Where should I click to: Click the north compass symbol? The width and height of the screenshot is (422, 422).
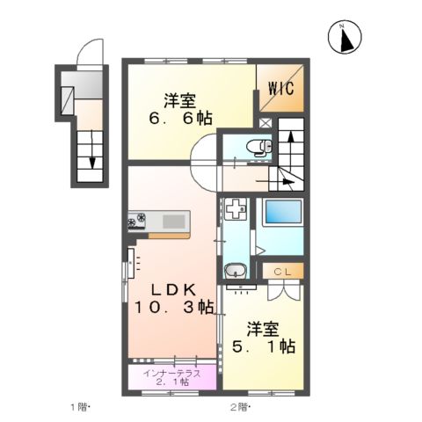346,36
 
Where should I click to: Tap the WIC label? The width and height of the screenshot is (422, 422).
281,88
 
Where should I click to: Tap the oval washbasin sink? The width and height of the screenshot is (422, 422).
235,272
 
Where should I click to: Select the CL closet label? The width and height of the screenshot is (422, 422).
285,272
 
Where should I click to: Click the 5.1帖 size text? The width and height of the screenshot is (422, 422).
262,346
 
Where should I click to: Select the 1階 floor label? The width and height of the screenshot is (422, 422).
81,406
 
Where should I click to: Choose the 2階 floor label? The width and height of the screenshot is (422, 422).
241,406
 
